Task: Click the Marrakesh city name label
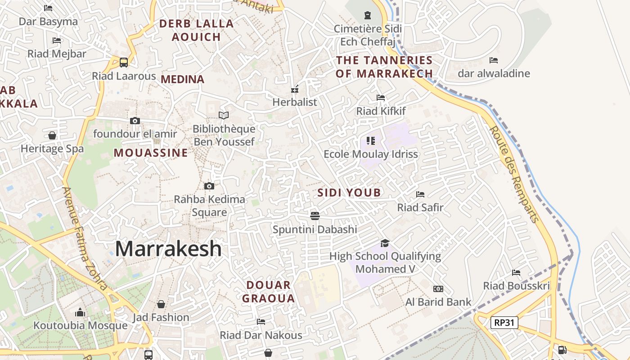168,249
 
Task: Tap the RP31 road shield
504,322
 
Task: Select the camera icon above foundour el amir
135,121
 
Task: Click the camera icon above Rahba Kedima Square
209,186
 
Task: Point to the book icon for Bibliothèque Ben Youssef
224,116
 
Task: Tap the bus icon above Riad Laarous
123,63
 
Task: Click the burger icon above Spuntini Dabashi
315,216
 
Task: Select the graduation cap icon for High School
385,243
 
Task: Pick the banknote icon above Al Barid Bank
438,289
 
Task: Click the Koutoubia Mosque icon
80,312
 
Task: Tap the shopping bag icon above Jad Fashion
161,304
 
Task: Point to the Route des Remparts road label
514,174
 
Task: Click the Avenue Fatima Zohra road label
85,238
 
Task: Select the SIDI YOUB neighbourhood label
349,193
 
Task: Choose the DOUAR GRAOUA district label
269,292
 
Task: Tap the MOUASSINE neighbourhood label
150,153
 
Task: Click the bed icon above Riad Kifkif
381,98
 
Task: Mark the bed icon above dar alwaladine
494,60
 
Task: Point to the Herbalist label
295,102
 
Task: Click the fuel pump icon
562,350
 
